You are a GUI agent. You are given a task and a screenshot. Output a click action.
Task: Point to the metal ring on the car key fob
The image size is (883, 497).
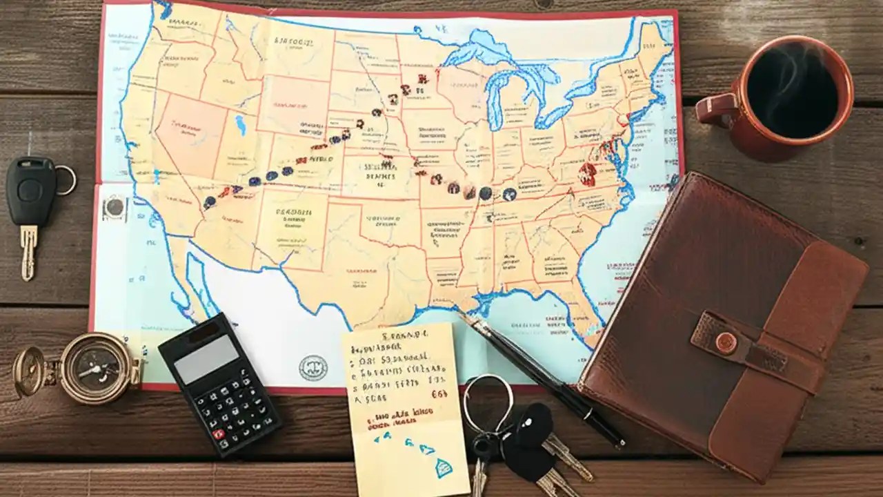tap(65, 180)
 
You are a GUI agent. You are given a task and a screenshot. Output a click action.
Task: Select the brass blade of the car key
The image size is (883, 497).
tap(28, 252)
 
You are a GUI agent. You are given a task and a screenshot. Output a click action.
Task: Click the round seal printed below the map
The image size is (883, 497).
tap(313, 368)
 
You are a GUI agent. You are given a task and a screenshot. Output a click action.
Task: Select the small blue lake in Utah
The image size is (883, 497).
tap(241, 125)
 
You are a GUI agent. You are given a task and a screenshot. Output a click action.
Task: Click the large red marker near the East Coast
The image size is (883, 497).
tap(587, 174)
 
